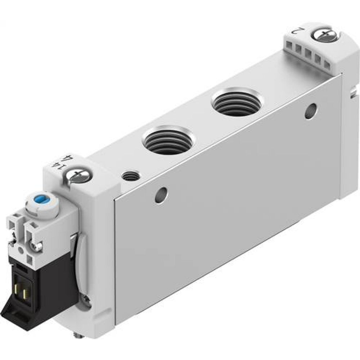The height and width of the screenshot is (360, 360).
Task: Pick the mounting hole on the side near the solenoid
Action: [161, 195]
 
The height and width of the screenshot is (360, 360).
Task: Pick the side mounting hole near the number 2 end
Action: [310, 111]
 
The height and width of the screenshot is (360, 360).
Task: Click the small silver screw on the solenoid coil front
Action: [37, 246]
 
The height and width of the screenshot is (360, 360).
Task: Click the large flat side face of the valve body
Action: [223, 216]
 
